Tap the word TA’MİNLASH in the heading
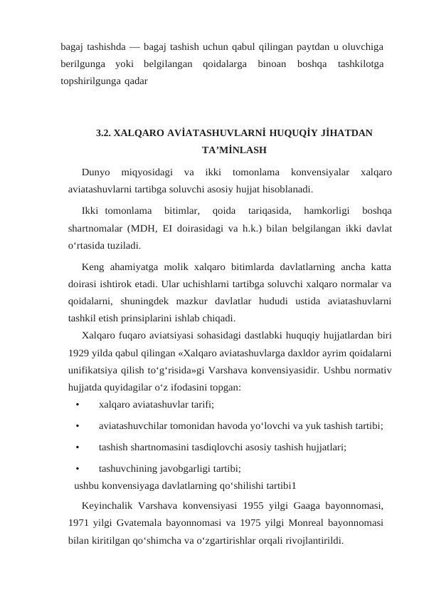point(234,150)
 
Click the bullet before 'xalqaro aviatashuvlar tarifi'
point(76,405)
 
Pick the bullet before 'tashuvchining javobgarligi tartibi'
point(76,469)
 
